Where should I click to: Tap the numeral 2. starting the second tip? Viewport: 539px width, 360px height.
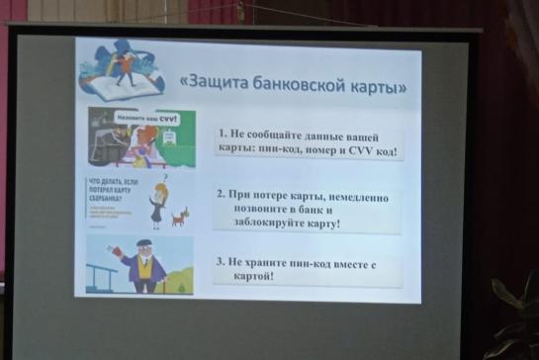point(222,196)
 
